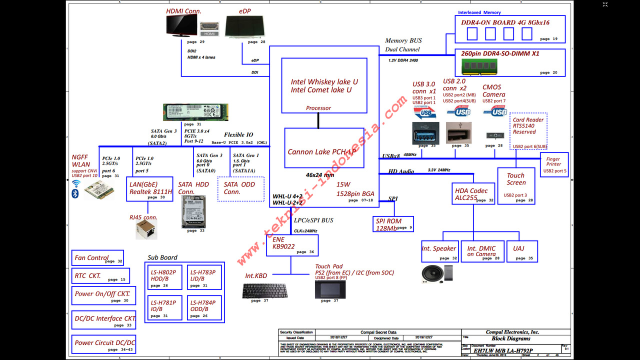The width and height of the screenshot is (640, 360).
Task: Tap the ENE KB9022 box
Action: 292,245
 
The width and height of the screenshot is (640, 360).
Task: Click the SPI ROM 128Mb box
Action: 394,224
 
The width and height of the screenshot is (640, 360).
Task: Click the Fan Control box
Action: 97,258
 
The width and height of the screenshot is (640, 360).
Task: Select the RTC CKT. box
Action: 100,276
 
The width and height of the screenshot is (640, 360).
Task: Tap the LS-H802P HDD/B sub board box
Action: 166,277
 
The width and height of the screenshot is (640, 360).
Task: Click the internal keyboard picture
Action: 264,290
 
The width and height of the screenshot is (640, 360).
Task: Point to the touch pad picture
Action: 330,289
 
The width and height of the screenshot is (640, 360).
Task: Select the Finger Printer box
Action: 554,164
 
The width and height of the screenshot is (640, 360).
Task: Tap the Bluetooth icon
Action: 75,193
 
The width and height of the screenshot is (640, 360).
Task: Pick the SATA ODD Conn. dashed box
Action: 240,188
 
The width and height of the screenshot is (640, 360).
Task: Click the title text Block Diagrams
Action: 510,338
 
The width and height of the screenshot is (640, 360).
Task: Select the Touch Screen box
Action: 516,185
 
